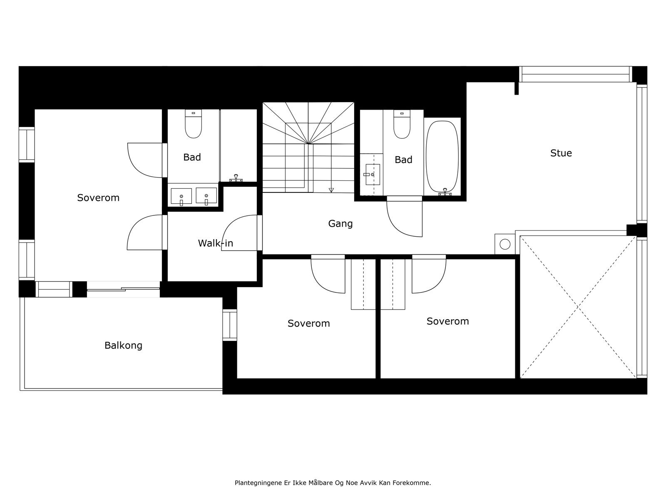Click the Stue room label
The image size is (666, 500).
click(x=561, y=153)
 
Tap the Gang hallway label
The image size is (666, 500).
click(x=340, y=224)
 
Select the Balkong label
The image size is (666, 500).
click(x=123, y=345)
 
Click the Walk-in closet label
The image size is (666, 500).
click(x=215, y=243)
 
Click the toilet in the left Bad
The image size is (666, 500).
click(x=193, y=125)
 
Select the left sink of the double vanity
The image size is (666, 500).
click(x=181, y=196)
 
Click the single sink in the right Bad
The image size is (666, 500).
click(x=372, y=174)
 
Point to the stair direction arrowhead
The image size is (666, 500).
click(x=331, y=190)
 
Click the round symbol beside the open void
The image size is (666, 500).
click(x=505, y=244)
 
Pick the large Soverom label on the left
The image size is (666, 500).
click(x=98, y=197)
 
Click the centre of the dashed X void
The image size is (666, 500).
click(x=578, y=307)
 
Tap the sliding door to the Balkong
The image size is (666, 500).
click(x=123, y=288)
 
